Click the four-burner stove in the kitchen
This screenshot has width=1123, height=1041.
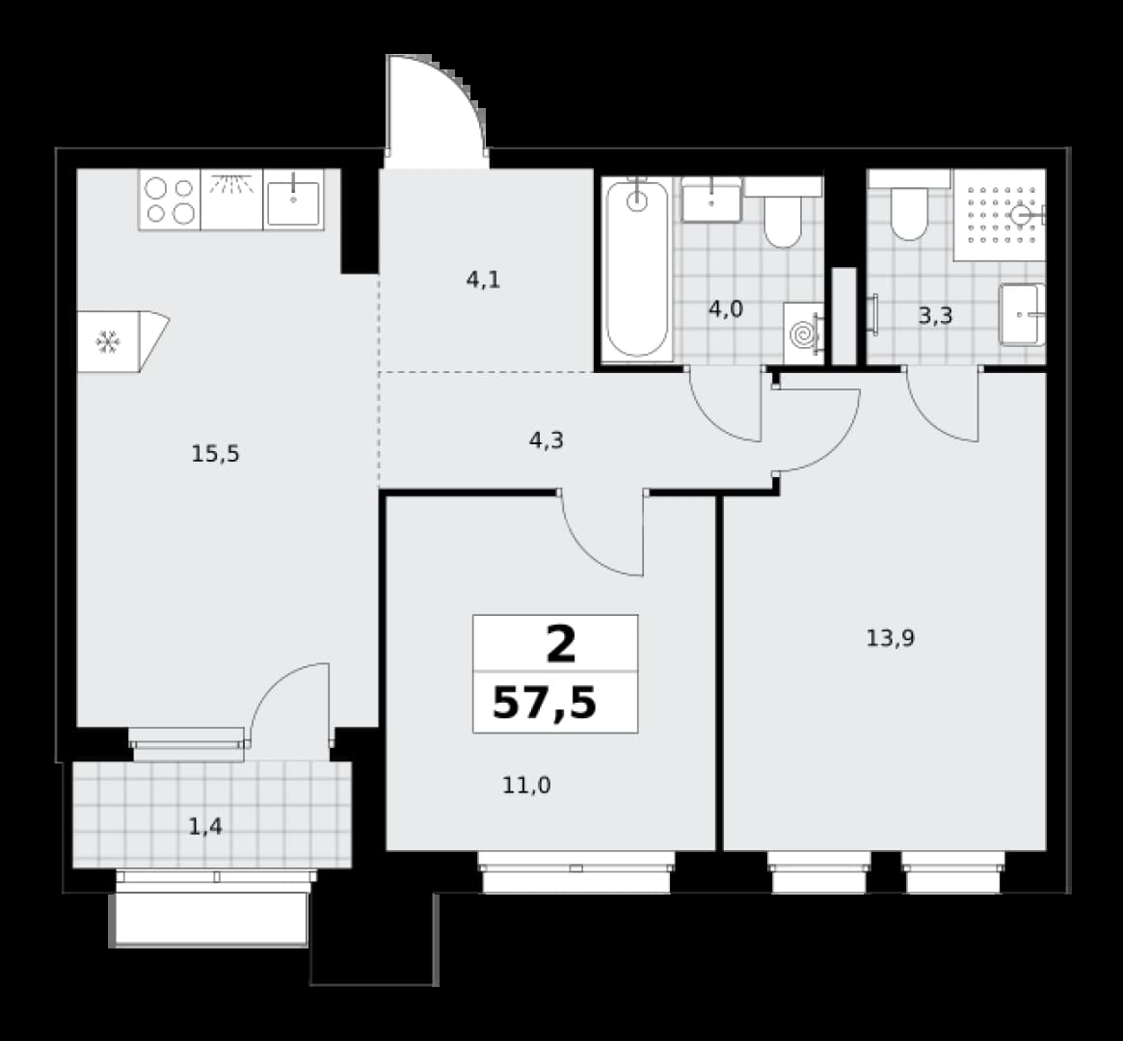(170, 200)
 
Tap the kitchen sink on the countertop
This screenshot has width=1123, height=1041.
(294, 200)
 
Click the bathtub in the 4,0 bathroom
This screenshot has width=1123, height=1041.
(637, 269)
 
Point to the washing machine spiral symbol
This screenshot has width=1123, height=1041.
(804, 334)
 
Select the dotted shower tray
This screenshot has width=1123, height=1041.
(999, 215)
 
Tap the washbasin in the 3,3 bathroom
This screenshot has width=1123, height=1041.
(1022, 315)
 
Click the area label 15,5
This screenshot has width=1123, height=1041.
(216, 454)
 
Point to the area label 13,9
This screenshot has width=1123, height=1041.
(891, 638)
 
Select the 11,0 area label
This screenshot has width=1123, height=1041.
(526, 787)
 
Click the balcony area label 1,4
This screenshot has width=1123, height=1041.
(204, 828)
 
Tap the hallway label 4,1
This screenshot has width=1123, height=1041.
(484, 280)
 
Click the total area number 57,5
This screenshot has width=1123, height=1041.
(545, 704)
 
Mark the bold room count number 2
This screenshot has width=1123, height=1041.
(561, 645)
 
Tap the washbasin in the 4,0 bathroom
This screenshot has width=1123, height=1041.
(711, 200)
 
